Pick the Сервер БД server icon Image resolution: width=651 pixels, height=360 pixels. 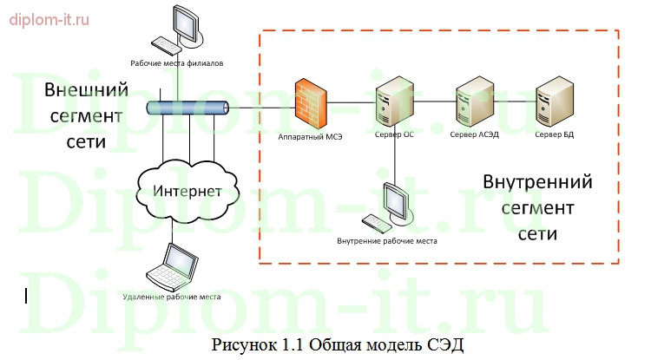pos(554,102)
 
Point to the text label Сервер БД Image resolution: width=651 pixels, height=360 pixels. pos(554,134)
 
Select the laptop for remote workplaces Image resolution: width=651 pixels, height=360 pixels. pos(172,265)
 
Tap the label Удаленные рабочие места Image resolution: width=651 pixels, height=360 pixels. pos(173,297)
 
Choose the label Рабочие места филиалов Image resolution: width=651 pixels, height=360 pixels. pos(176,63)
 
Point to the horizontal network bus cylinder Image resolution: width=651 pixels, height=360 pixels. pos(186,108)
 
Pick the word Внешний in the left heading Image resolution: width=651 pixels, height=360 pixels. pos(86,90)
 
